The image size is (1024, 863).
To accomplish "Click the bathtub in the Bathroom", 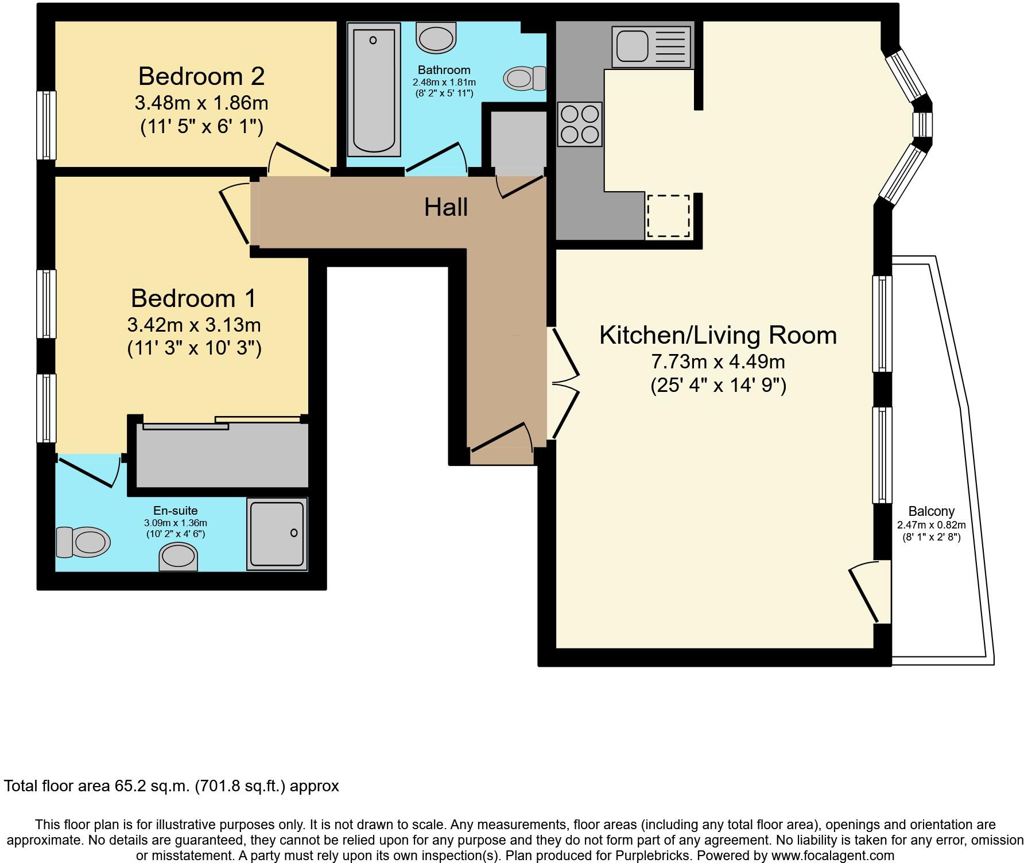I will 374,89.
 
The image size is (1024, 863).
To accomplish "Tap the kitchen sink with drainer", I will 652,46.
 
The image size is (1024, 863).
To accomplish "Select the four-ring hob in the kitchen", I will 580,125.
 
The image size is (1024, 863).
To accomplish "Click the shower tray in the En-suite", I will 277,534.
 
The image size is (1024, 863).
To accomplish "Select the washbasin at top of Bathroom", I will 436,37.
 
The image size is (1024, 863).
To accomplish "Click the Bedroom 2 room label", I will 201,76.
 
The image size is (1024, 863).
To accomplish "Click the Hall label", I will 445,207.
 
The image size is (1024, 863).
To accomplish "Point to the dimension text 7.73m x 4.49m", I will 717,361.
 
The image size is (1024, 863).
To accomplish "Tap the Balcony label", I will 931,511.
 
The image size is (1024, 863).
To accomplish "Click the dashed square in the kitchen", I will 668,216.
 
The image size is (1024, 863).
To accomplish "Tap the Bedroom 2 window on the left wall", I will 46,125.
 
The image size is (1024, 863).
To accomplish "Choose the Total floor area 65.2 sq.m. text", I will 171,786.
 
